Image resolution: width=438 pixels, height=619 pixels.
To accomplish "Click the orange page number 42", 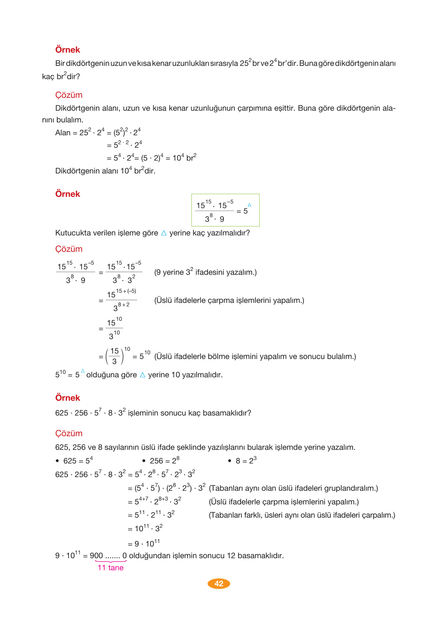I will point(219,584).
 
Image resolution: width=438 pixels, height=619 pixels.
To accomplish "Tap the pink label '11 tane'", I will point(110,568).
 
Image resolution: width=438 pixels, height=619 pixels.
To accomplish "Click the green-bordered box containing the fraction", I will point(225,210).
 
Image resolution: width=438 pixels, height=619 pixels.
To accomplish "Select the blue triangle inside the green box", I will point(249,205).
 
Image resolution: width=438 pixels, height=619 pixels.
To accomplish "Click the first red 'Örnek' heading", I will point(67,50).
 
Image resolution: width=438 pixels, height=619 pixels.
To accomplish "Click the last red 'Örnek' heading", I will point(67,398).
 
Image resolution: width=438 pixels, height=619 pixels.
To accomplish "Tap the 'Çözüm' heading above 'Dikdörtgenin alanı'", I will point(69,95).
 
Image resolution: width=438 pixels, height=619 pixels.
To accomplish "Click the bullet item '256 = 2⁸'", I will point(164,461).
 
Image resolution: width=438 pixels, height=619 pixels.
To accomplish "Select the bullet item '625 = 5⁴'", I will point(78,461).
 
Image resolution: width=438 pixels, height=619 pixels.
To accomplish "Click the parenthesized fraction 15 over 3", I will point(114,356).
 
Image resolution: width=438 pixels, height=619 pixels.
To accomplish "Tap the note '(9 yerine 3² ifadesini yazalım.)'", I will point(205,272).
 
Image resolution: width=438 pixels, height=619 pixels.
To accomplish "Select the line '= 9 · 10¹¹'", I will point(144,543).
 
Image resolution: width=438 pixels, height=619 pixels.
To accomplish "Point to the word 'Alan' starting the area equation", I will point(62,133).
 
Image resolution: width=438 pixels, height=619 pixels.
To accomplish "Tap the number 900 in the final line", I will point(96,556).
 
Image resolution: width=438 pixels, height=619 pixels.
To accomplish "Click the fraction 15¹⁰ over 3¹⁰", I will point(114,329).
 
